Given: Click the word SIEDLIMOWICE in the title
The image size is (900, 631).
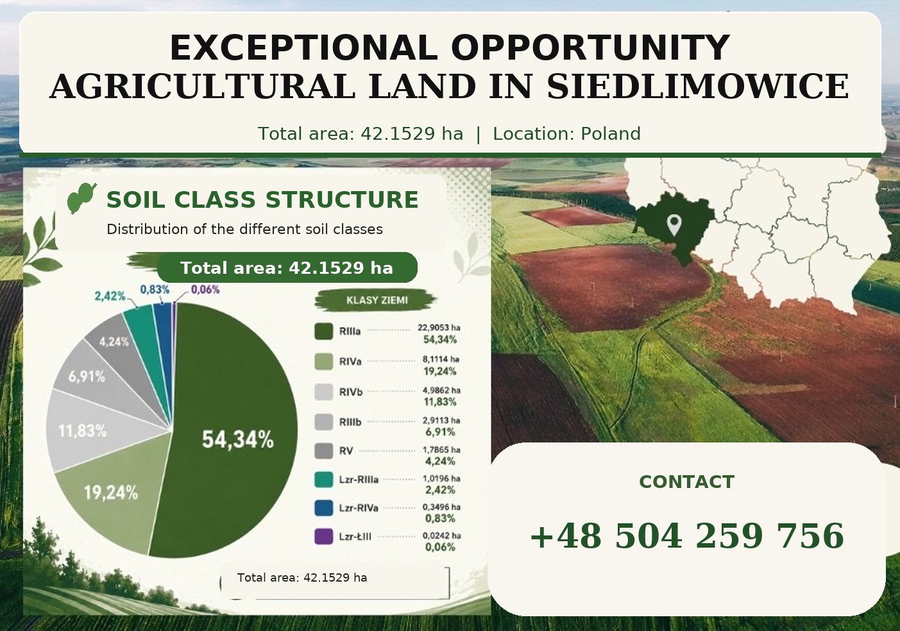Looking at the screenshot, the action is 697,87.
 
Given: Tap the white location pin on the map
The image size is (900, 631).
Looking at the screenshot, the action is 674,224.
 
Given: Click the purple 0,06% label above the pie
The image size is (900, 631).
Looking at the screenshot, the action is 205,290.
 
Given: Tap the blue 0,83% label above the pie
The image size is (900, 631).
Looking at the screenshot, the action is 155,290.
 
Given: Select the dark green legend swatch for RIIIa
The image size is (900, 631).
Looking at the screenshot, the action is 323,332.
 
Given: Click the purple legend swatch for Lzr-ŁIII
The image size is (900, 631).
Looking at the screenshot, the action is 323,537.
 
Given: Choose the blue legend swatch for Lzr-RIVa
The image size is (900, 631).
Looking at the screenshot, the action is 323,508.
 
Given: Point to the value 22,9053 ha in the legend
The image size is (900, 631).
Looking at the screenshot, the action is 439,328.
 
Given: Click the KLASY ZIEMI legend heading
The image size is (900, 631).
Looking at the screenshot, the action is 377,301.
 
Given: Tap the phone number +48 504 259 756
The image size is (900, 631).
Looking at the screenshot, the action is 687,536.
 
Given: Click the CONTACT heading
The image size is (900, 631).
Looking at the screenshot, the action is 686,482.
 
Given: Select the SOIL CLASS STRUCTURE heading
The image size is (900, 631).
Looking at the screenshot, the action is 262,199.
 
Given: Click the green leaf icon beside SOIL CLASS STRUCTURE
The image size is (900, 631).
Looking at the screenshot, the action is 81,198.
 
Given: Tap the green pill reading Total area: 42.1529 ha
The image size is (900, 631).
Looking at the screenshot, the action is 287,267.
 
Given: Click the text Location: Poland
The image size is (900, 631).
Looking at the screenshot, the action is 566,134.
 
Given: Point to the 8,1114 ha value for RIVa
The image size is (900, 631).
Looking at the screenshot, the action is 441,359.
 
